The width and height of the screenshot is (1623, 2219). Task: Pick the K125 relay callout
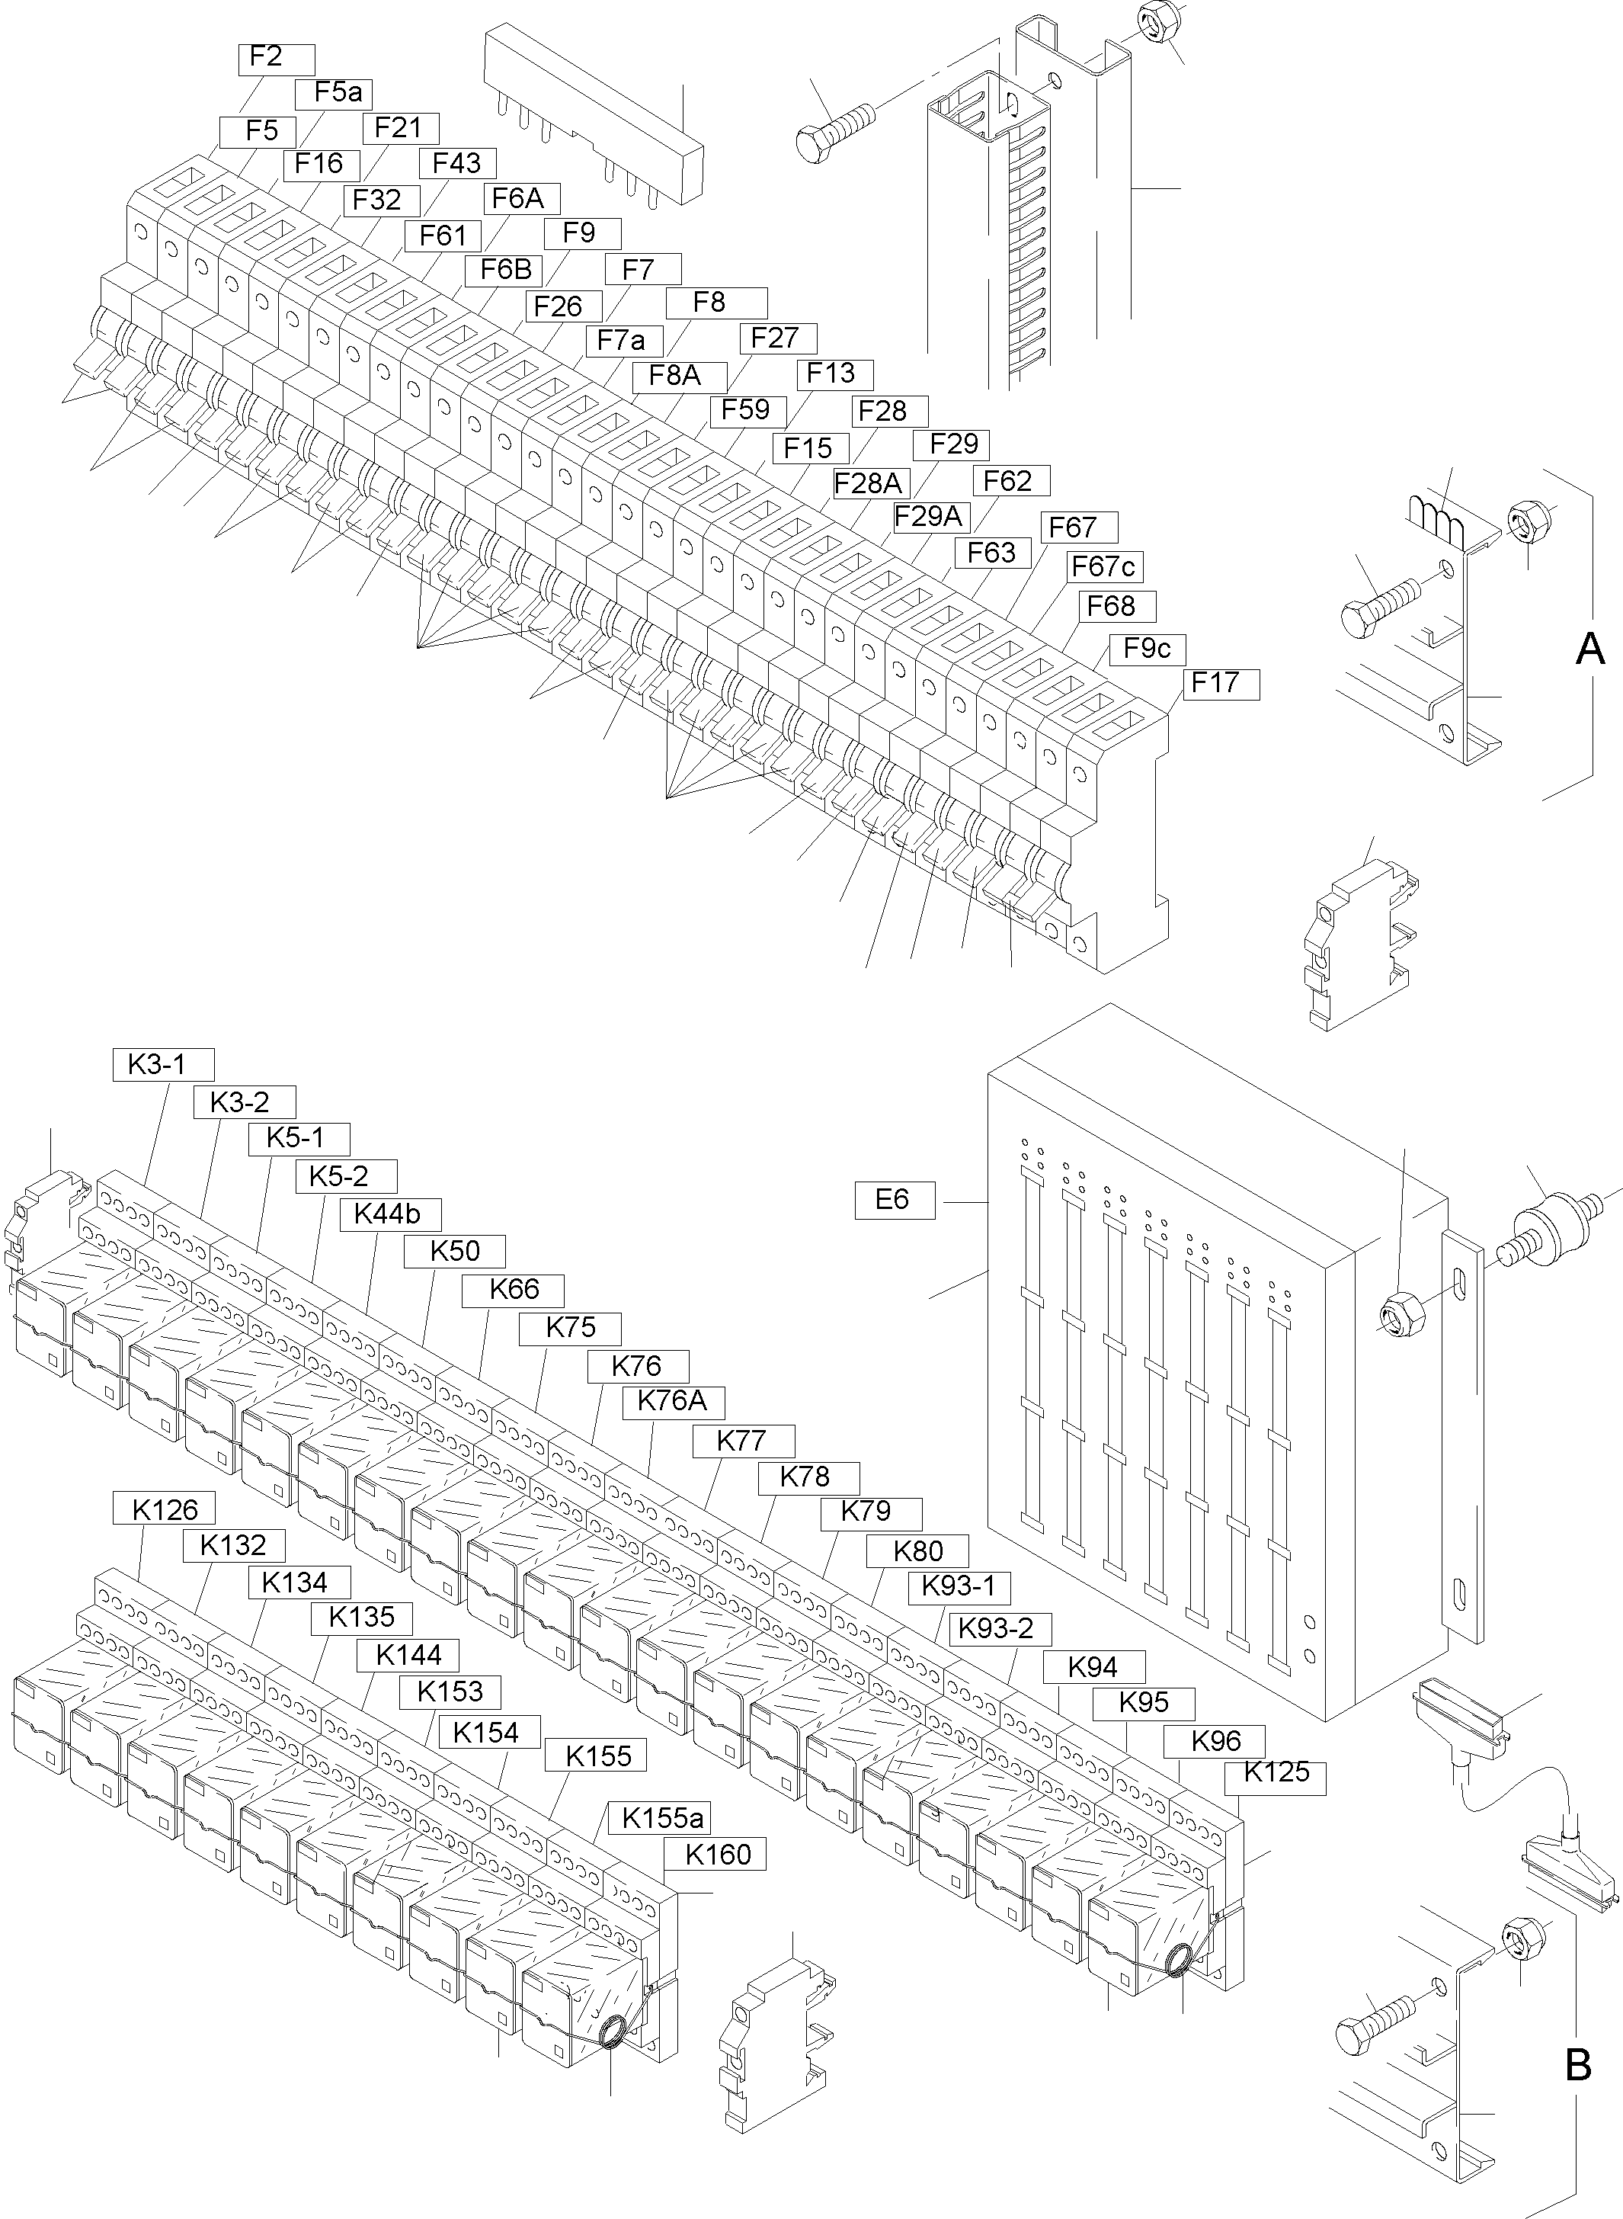click(1276, 1773)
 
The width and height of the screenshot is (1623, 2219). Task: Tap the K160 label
click(717, 1855)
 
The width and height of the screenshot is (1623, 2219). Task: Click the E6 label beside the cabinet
click(894, 1200)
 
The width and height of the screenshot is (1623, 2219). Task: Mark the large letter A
click(1589, 649)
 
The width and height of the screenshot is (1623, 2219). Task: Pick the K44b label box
click(390, 1214)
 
